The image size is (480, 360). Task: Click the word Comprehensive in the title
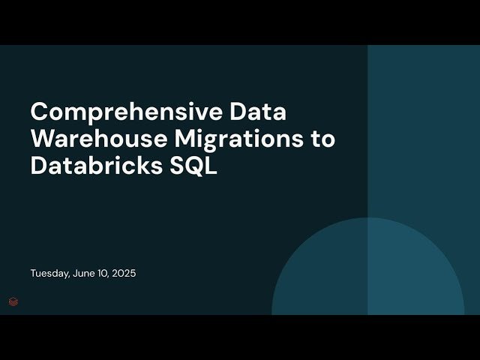[126, 112]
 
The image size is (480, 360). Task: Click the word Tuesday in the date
[49, 274]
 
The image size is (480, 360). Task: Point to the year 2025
[124, 274]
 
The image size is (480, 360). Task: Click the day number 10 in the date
[103, 274]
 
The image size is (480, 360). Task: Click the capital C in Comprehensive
[39, 112]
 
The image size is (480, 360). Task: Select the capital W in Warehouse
[43, 139]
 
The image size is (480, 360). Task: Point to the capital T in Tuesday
[33, 274]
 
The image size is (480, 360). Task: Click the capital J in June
[75, 274]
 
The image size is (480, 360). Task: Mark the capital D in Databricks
[38, 166]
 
